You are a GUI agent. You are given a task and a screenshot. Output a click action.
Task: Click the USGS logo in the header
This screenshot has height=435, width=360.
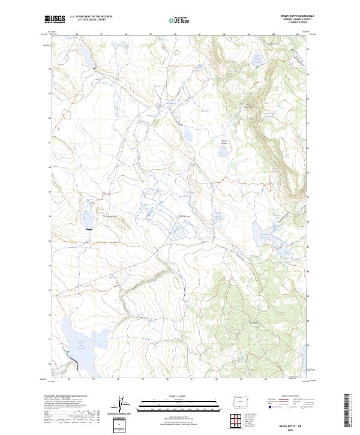(55, 20)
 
